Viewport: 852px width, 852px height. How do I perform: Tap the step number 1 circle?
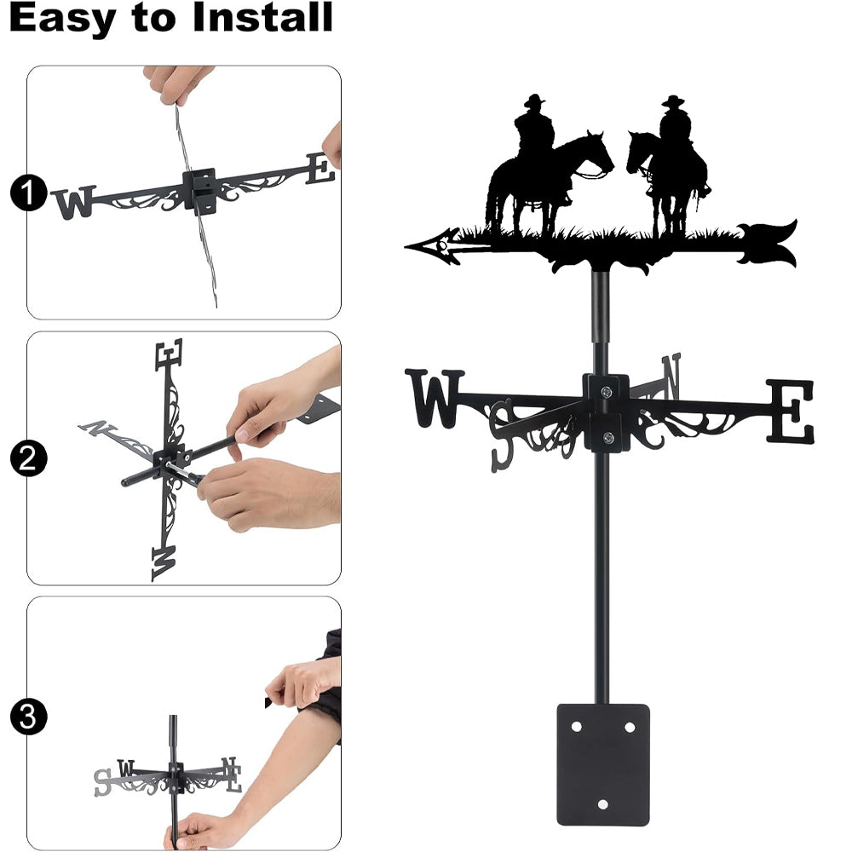[28, 193]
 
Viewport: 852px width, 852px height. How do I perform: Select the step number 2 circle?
[28, 458]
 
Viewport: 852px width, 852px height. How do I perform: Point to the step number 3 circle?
[28, 717]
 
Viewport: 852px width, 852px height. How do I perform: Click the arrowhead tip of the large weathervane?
[406, 247]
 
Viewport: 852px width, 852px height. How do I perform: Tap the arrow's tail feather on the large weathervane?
[768, 244]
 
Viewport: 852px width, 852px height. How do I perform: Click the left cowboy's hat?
[534, 101]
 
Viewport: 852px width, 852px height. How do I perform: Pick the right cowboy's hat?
[673, 101]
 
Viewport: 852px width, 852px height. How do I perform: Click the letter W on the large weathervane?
[435, 398]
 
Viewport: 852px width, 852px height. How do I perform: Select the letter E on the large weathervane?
[790, 411]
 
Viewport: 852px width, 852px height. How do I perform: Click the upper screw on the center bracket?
[607, 391]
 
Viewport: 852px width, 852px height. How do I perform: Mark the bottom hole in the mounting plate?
[602, 804]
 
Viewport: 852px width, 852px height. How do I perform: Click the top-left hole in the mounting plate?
[577, 727]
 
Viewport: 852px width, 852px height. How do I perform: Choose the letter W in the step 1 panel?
[74, 203]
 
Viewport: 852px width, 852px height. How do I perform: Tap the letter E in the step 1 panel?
[320, 168]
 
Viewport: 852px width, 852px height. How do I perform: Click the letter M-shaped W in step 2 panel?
[164, 563]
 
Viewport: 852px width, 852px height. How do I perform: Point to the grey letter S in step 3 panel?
[103, 782]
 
